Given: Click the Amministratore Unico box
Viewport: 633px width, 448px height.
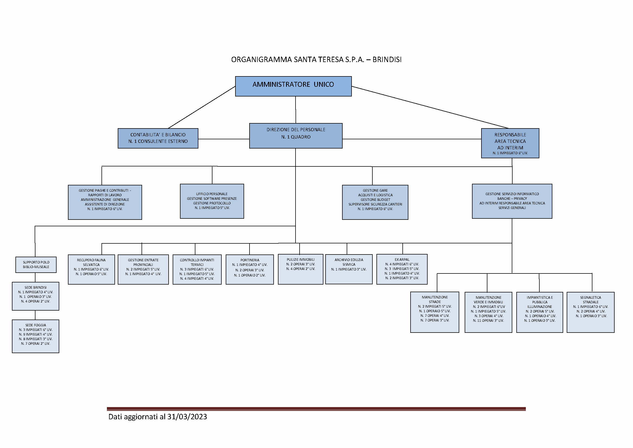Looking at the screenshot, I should click(x=293, y=86).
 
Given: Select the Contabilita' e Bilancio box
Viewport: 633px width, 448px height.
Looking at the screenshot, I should click(x=158, y=138).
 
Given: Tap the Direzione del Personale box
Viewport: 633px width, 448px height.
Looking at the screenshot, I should click(x=296, y=136).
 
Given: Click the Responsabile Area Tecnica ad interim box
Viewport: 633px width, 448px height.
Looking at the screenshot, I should click(x=510, y=143).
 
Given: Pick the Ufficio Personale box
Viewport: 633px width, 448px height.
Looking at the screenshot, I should click(x=212, y=201).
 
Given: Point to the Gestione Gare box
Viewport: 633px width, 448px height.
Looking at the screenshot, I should click(x=375, y=202).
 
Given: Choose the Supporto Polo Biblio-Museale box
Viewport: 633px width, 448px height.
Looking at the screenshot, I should click(x=36, y=265).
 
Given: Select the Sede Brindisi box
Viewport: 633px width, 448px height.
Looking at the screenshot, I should click(x=35, y=296).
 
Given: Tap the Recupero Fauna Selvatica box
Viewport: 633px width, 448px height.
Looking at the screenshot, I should click(x=91, y=269).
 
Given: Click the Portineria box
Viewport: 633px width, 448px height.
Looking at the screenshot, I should click(x=250, y=269).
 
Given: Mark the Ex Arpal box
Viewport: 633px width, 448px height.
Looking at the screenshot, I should click(x=402, y=269).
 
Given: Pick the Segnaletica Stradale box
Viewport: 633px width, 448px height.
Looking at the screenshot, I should click(x=590, y=312).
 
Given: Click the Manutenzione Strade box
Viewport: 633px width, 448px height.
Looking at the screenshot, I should click(x=435, y=312).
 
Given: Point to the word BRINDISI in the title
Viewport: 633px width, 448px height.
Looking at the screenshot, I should click(x=387, y=60).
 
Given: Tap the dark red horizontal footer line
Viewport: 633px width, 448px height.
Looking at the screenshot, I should click(x=316, y=409).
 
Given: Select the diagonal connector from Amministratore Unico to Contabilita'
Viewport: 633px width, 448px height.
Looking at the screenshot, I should click(x=202, y=107).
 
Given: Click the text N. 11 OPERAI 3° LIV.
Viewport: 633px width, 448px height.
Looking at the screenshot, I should click(x=488, y=320).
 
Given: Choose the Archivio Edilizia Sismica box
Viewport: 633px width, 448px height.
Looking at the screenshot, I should click(x=349, y=269).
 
